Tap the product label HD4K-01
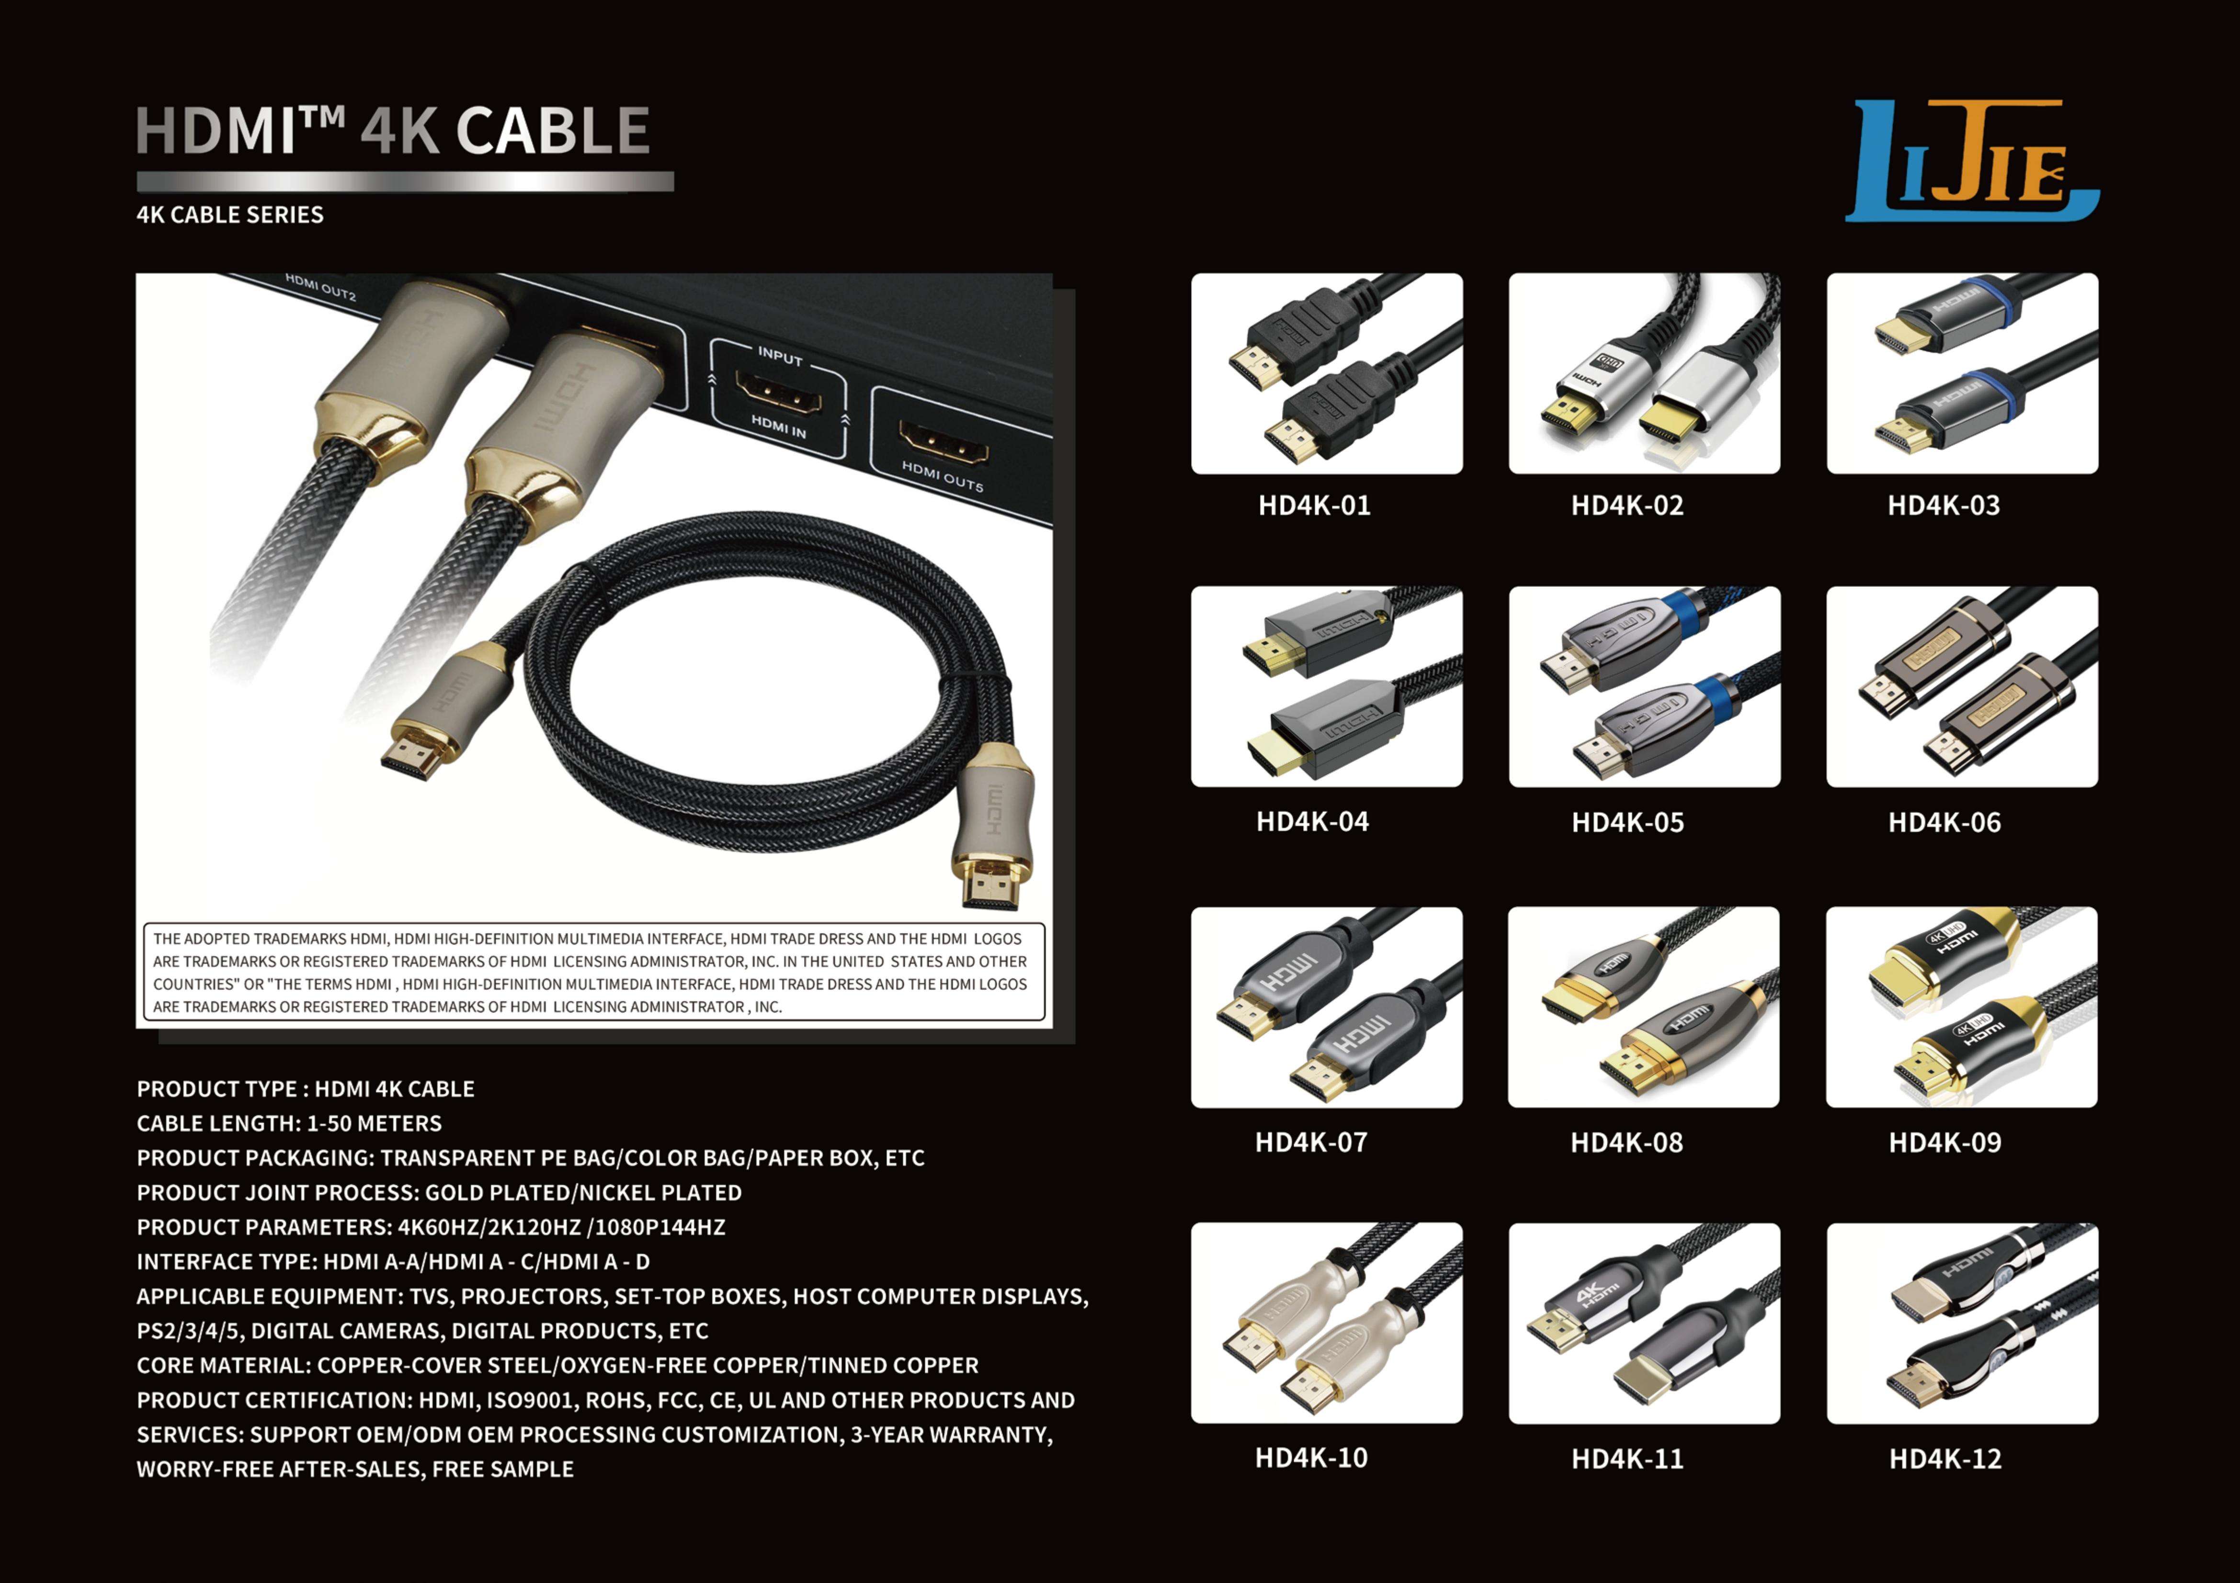coord(1314,505)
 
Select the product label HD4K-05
coord(1627,822)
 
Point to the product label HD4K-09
coord(1944,1142)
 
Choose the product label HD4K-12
coord(1944,1459)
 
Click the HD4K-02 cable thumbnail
coord(1644,373)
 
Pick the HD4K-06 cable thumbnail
coord(1962,686)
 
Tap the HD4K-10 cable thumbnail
coord(1327,1323)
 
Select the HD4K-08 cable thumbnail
coord(1644,1007)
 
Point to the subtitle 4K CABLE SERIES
coord(230,214)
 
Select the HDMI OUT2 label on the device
coord(321,287)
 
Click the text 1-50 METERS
coord(374,1123)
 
